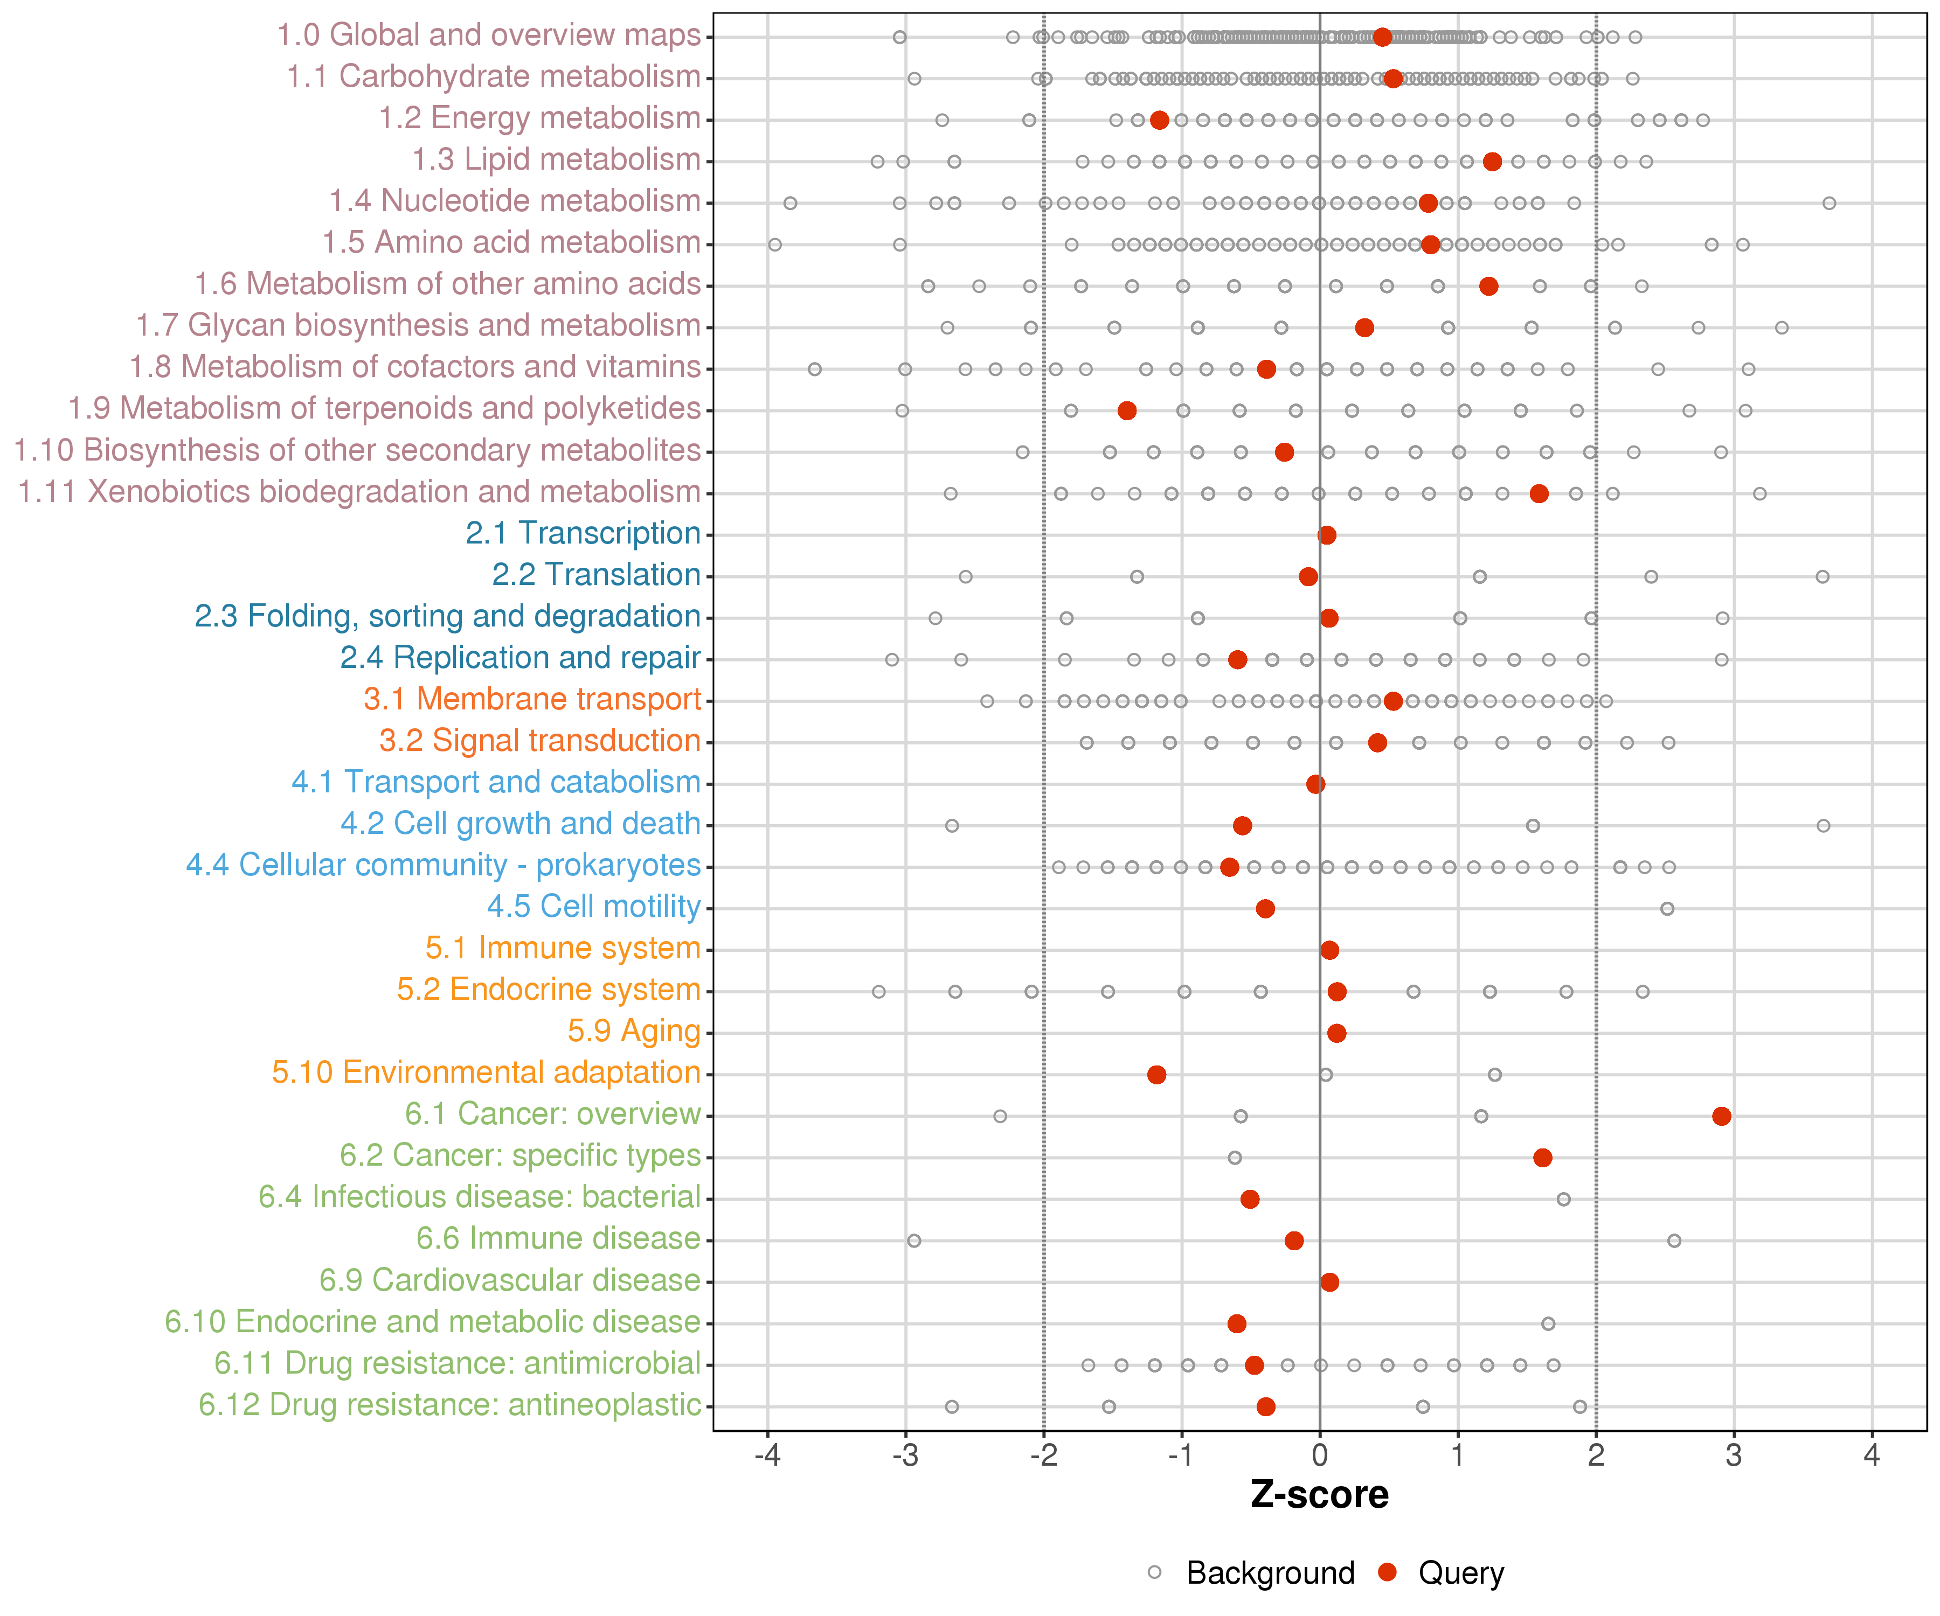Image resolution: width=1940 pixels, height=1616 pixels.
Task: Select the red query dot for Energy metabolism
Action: [x=1159, y=120]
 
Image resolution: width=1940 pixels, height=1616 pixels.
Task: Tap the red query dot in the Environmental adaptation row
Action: [x=1156, y=1074]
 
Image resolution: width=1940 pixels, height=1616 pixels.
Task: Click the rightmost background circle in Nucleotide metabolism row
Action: [x=1829, y=203]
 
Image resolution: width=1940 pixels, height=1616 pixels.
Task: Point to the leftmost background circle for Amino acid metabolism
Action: [x=775, y=245]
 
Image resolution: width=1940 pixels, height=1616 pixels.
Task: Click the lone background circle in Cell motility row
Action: [x=1667, y=909]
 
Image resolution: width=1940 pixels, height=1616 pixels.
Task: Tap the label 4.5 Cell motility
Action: [x=593, y=906]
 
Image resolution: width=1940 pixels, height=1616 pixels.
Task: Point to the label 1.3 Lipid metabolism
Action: [x=556, y=160]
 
